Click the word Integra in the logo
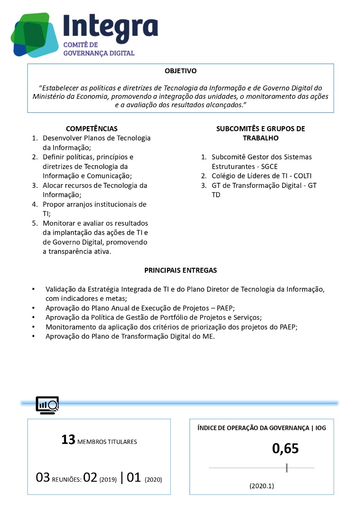click(110, 26)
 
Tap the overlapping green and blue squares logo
click(34, 34)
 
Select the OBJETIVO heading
click(181, 71)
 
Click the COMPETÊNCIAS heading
click(92, 128)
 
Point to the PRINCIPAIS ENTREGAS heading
click(181, 270)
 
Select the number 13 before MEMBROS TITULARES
click(68, 440)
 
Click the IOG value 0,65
click(285, 449)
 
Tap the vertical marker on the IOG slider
click(287, 467)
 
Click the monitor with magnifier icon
click(47, 405)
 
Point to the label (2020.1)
click(261, 485)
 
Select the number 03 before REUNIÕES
click(43, 478)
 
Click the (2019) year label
click(108, 479)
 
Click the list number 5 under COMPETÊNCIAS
click(34, 223)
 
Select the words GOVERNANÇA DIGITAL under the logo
click(99, 53)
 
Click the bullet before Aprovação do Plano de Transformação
click(33, 337)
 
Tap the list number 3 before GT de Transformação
click(204, 185)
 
